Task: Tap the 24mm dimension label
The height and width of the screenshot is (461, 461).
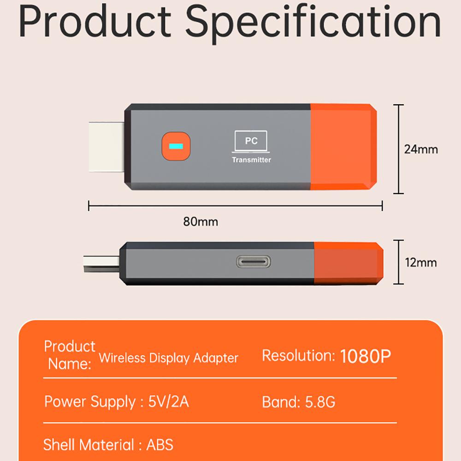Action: coord(421,149)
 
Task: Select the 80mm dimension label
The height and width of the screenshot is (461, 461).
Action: coord(201,222)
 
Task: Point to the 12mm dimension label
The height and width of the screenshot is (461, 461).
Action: coord(420,263)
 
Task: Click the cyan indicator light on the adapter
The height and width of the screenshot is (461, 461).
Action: coord(176,147)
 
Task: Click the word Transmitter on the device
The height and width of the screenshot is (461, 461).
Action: coord(251,160)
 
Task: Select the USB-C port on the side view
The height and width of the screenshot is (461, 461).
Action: coord(253,262)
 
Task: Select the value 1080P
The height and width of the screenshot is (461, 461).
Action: coord(366,356)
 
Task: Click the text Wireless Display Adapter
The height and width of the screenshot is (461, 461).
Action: coord(169,358)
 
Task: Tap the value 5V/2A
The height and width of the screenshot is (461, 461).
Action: coord(168,402)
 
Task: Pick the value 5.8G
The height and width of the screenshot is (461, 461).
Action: coord(320,402)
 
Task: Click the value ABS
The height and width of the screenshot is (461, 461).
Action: coord(160,445)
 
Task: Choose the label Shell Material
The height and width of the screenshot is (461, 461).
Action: coord(89,445)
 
